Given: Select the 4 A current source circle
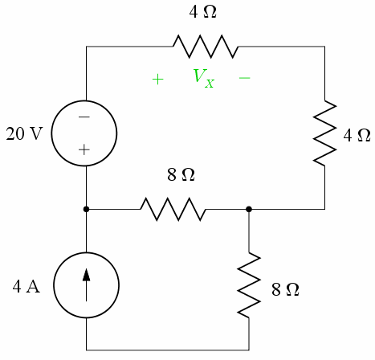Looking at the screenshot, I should coord(86,286).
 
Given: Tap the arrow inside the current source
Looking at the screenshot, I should coord(86,285).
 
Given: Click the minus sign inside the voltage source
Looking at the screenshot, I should coord(84,117).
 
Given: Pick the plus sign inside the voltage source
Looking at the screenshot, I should coord(84,149).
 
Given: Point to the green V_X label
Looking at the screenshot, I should coord(203,78).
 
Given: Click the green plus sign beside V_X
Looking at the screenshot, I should coord(158,80).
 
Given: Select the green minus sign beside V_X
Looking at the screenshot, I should coord(245,79).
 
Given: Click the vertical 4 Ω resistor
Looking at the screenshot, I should coord(325,133).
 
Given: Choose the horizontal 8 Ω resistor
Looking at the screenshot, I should coord(173,209).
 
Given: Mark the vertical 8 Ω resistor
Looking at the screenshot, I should coord(249,284).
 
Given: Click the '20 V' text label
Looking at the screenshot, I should coord(24,134).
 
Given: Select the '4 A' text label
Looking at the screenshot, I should coord(26,287).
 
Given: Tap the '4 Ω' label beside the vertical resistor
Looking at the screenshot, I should coord(357,134).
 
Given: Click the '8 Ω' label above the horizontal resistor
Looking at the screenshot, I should coord(181,174).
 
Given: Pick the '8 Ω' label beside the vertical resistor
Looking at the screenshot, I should coord(285,290).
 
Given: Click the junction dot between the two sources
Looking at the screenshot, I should coord(86,209).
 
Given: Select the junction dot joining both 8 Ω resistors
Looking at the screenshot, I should coord(249,209).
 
